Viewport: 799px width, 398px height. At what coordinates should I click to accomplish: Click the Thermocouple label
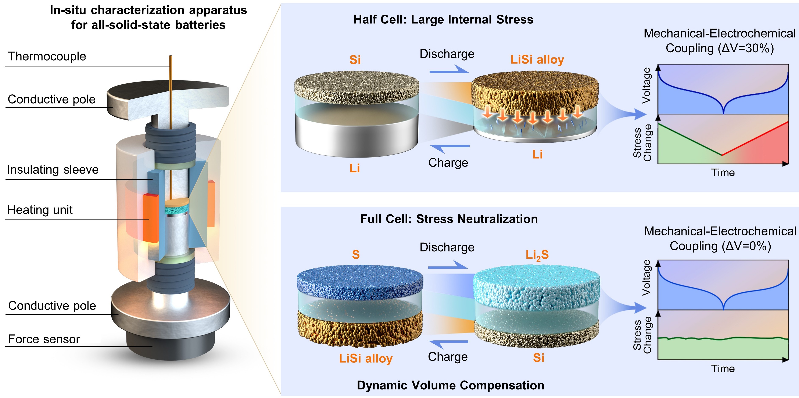(x=47, y=56)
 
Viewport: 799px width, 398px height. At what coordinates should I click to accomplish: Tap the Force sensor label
(x=44, y=339)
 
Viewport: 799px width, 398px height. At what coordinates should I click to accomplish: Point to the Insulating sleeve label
(x=53, y=170)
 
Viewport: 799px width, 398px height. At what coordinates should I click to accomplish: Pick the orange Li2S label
(x=537, y=255)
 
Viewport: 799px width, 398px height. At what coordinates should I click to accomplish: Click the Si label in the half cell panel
(x=355, y=60)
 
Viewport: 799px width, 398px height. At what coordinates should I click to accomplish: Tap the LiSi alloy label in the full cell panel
(x=366, y=358)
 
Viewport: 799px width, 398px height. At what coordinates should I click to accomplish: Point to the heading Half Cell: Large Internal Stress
(x=443, y=19)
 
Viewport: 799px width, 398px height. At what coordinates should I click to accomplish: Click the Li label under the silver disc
(x=355, y=168)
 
